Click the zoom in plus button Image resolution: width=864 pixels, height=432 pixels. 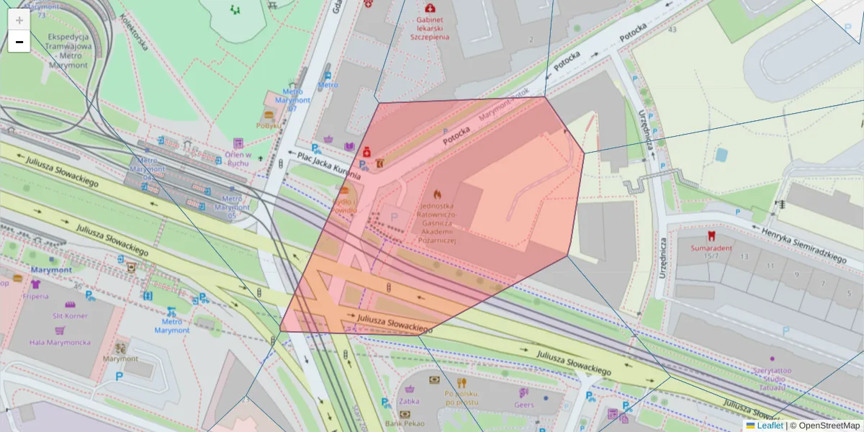pyautogui.click(x=19, y=20)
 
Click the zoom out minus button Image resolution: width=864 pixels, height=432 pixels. pyautogui.click(x=19, y=42)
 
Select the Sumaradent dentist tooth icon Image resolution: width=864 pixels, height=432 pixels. pyautogui.click(x=711, y=235)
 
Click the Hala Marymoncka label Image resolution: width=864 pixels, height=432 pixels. pyautogui.click(x=60, y=342)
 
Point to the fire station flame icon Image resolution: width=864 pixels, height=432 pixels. pyautogui.click(x=436, y=194)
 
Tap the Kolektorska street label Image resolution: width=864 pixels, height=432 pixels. pyautogui.click(x=134, y=32)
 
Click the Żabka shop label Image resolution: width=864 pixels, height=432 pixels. pyautogui.click(x=409, y=402)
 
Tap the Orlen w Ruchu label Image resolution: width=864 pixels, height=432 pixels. pyautogui.click(x=238, y=158)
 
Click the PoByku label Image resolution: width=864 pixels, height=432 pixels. pyautogui.click(x=268, y=125)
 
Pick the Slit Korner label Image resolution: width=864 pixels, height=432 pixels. pyautogui.click(x=71, y=315)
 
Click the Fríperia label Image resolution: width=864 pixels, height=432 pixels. pyautogui.click(x=35, y=295)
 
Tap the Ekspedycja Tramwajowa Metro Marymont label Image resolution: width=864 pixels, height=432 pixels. pyautogui.click(x=68, y=50)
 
